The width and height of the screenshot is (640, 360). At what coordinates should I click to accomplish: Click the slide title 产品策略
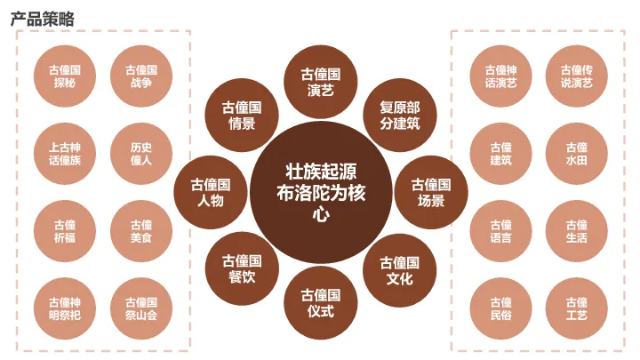pyautogui.click(x=43, y=18)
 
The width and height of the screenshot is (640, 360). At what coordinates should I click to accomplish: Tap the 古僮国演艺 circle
pyautogui.click(x=321, y=81)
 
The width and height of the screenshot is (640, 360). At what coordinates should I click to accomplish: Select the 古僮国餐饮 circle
pyautogui.click(x=242, y=269)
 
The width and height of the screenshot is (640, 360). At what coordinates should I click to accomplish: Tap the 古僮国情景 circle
pyautogui.click(x=242, y=116)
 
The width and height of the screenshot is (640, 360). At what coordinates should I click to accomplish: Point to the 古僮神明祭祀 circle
pyautogui.click(x=65, y=308)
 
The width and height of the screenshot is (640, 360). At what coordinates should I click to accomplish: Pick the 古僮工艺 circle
pyautogui.click(x=576, y=308)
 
